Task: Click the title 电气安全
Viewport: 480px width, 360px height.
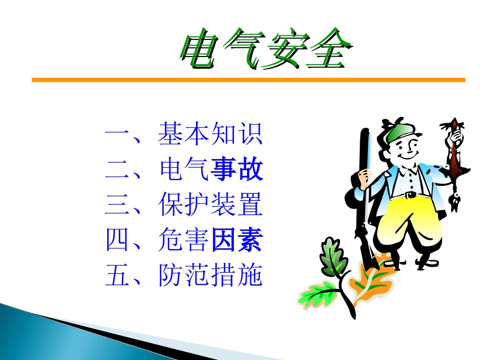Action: tap(265, 52)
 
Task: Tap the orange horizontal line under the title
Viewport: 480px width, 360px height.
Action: tap(248, 80)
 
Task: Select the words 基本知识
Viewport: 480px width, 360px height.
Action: tap(210, 134)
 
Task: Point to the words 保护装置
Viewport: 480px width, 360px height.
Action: tap(210, 205)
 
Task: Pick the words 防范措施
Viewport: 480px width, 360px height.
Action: tap(210, 276)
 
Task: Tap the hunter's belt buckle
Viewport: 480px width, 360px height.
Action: tap(410, 194)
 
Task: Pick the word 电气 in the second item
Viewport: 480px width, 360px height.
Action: tap(184, 170)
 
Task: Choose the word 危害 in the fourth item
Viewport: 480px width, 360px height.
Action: tap(184, 240)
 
